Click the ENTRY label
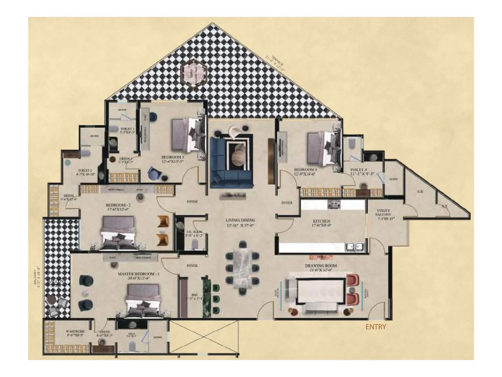pos(376,327)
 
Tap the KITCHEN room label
pos(322,221)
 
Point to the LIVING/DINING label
pos(240,221)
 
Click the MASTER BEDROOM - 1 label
pos(138,274)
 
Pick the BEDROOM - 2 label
pos(118,205)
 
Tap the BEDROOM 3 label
pos(172,157)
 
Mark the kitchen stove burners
pos(334,205)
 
